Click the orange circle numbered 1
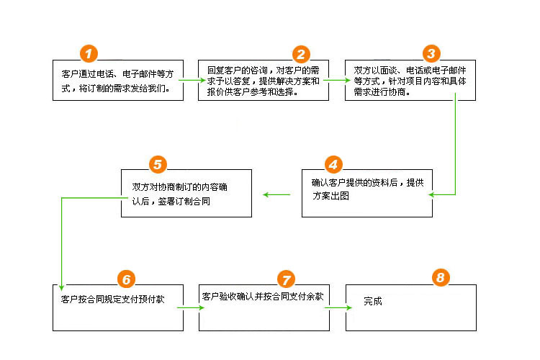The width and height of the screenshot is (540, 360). point(88,53)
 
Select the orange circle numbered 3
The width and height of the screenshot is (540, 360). point(431,53)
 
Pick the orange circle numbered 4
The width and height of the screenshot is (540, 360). point(332,163)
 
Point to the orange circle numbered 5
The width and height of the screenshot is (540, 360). point(158,163)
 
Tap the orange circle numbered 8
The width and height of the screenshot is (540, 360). point(441,277)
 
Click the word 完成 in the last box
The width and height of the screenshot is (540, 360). point(373,301)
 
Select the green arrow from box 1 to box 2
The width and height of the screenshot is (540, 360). point(190,80)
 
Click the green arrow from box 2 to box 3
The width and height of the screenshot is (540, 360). point(336,80)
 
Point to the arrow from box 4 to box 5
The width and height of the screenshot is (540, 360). point(276,194)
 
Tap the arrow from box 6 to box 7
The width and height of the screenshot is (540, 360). point(191,307)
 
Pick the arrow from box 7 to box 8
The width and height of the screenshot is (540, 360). point(337,307)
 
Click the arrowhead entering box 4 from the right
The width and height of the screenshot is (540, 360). point(438,194)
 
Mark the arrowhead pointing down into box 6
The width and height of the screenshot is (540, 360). point(61,284)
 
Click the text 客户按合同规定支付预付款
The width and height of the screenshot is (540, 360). point(108,298)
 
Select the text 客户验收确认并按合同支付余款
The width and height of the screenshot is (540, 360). point(263,296)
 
